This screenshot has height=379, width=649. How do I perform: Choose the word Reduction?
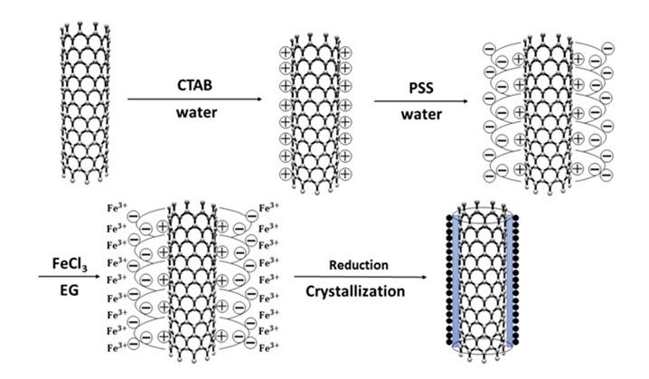tap(359, 264)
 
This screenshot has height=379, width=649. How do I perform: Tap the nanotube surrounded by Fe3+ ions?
tap(190, 278)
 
